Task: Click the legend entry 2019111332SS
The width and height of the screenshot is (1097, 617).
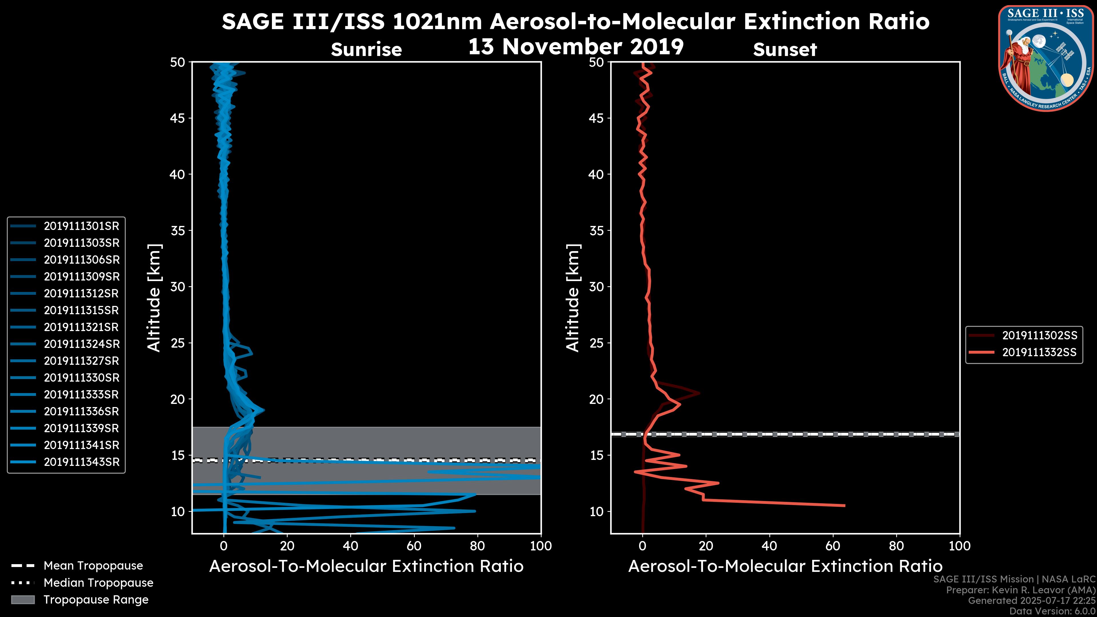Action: point(1039,352)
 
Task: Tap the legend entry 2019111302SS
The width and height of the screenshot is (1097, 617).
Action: point(1039,336)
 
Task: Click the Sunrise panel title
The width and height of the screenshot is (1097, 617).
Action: point(366,50)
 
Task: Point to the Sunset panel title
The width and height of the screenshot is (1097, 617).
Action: point(785,50)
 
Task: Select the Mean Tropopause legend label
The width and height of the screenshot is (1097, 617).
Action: point(93,566)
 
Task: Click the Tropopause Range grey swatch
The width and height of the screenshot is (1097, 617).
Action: point(23,600)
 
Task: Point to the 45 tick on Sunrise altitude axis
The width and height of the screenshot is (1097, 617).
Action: point(178,118)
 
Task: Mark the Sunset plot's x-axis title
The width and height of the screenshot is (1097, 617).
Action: point(785,566)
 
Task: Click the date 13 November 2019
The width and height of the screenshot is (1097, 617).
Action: point(576,47)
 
